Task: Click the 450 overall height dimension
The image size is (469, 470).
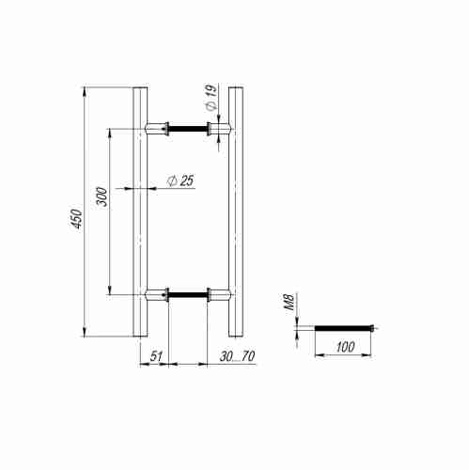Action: click(x=77, y=218)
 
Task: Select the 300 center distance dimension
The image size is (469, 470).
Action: click(x=102, y=196)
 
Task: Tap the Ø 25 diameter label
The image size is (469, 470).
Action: click(x=180, y=180)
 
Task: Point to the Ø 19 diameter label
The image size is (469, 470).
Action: click(x=211, y=98)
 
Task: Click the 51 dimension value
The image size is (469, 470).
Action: click(x=157, y=356)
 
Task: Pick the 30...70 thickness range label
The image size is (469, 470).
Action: click(x=237, y=356)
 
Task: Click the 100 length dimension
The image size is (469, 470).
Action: click(x=345, y=347)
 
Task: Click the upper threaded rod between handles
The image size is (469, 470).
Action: click(x=188, y=129)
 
